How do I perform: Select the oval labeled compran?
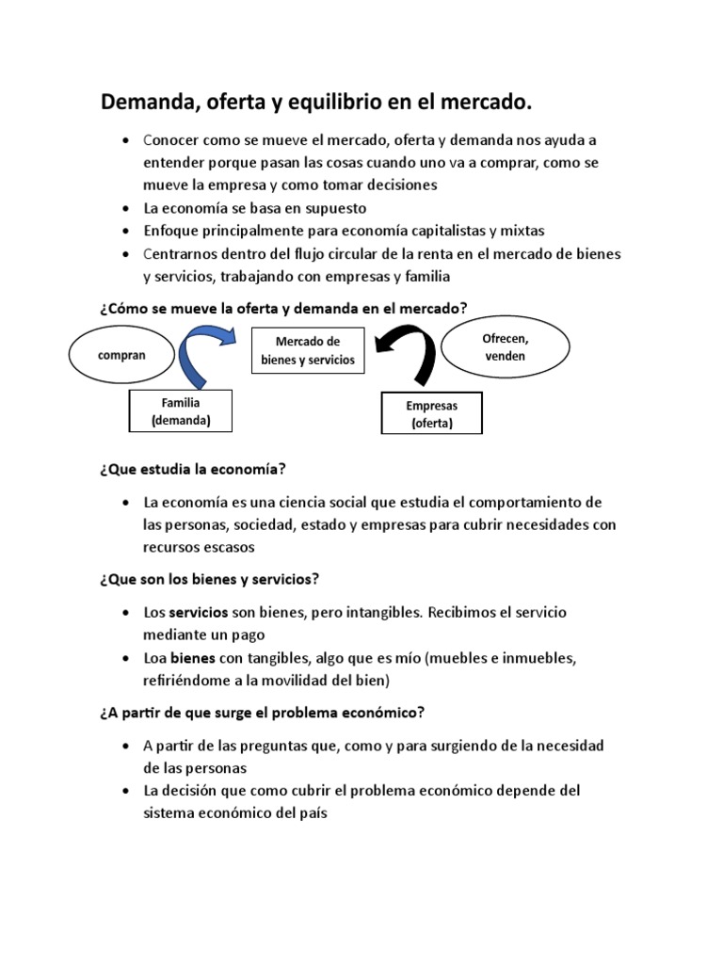click(121, 357)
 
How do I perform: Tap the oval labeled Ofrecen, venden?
click(505, 347)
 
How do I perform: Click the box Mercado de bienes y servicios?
click(307, 350)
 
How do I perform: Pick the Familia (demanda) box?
click(180, 411)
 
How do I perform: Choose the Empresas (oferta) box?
click(431, 414)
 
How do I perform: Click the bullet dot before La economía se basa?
click(126, 208)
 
